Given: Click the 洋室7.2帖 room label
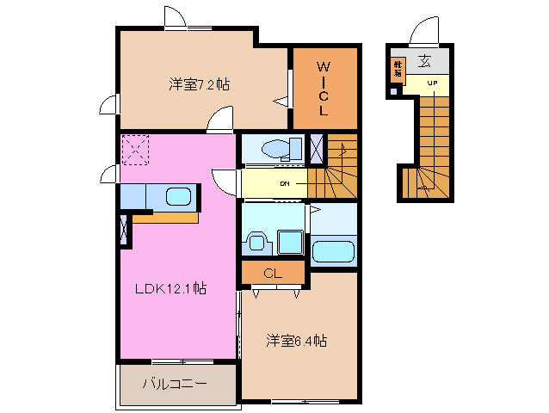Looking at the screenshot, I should pos(199,84).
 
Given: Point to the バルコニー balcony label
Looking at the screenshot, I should pos(175,384).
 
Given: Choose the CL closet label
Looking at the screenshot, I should pos(273,274).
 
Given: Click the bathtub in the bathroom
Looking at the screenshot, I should pos(333,252).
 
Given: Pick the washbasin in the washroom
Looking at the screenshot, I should pos(256,242).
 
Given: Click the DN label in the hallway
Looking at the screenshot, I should pos(283,184).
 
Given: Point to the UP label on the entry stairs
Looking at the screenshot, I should pos(431,83).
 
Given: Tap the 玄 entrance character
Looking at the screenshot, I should pos(425,61).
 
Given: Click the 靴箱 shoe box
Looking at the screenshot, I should pos(398,69).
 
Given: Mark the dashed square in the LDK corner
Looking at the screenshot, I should pos(136,150).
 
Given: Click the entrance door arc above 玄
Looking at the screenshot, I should pos(425,32).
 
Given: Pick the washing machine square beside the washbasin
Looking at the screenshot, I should pos(289,242).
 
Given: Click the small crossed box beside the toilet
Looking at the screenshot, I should pos(317,149).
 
